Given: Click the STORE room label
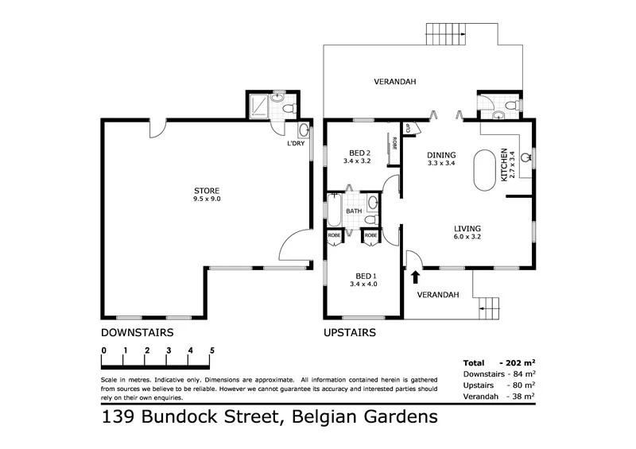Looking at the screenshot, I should (207, 190).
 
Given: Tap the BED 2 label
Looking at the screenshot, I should (359, 153).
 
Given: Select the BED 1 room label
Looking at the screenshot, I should (359, 276).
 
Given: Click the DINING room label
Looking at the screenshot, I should (440, 155).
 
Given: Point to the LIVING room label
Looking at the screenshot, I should (467, 228).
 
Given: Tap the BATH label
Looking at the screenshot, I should (354, 211).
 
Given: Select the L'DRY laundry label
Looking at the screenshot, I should (296, 144).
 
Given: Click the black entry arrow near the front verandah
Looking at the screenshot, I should (415, 276).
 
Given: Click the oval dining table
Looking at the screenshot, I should (483, 169).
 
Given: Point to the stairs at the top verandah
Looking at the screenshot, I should (445, 34).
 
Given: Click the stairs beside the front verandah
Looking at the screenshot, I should (487, 306).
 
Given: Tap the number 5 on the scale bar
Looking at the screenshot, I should (211, 350).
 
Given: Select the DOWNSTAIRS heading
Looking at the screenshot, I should (137, 332).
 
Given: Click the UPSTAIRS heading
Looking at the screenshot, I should (350, 332).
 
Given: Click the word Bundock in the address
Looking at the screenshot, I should (205, 416).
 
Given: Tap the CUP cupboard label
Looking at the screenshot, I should (408, 128).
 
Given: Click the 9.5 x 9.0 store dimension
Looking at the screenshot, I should (207, 199).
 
